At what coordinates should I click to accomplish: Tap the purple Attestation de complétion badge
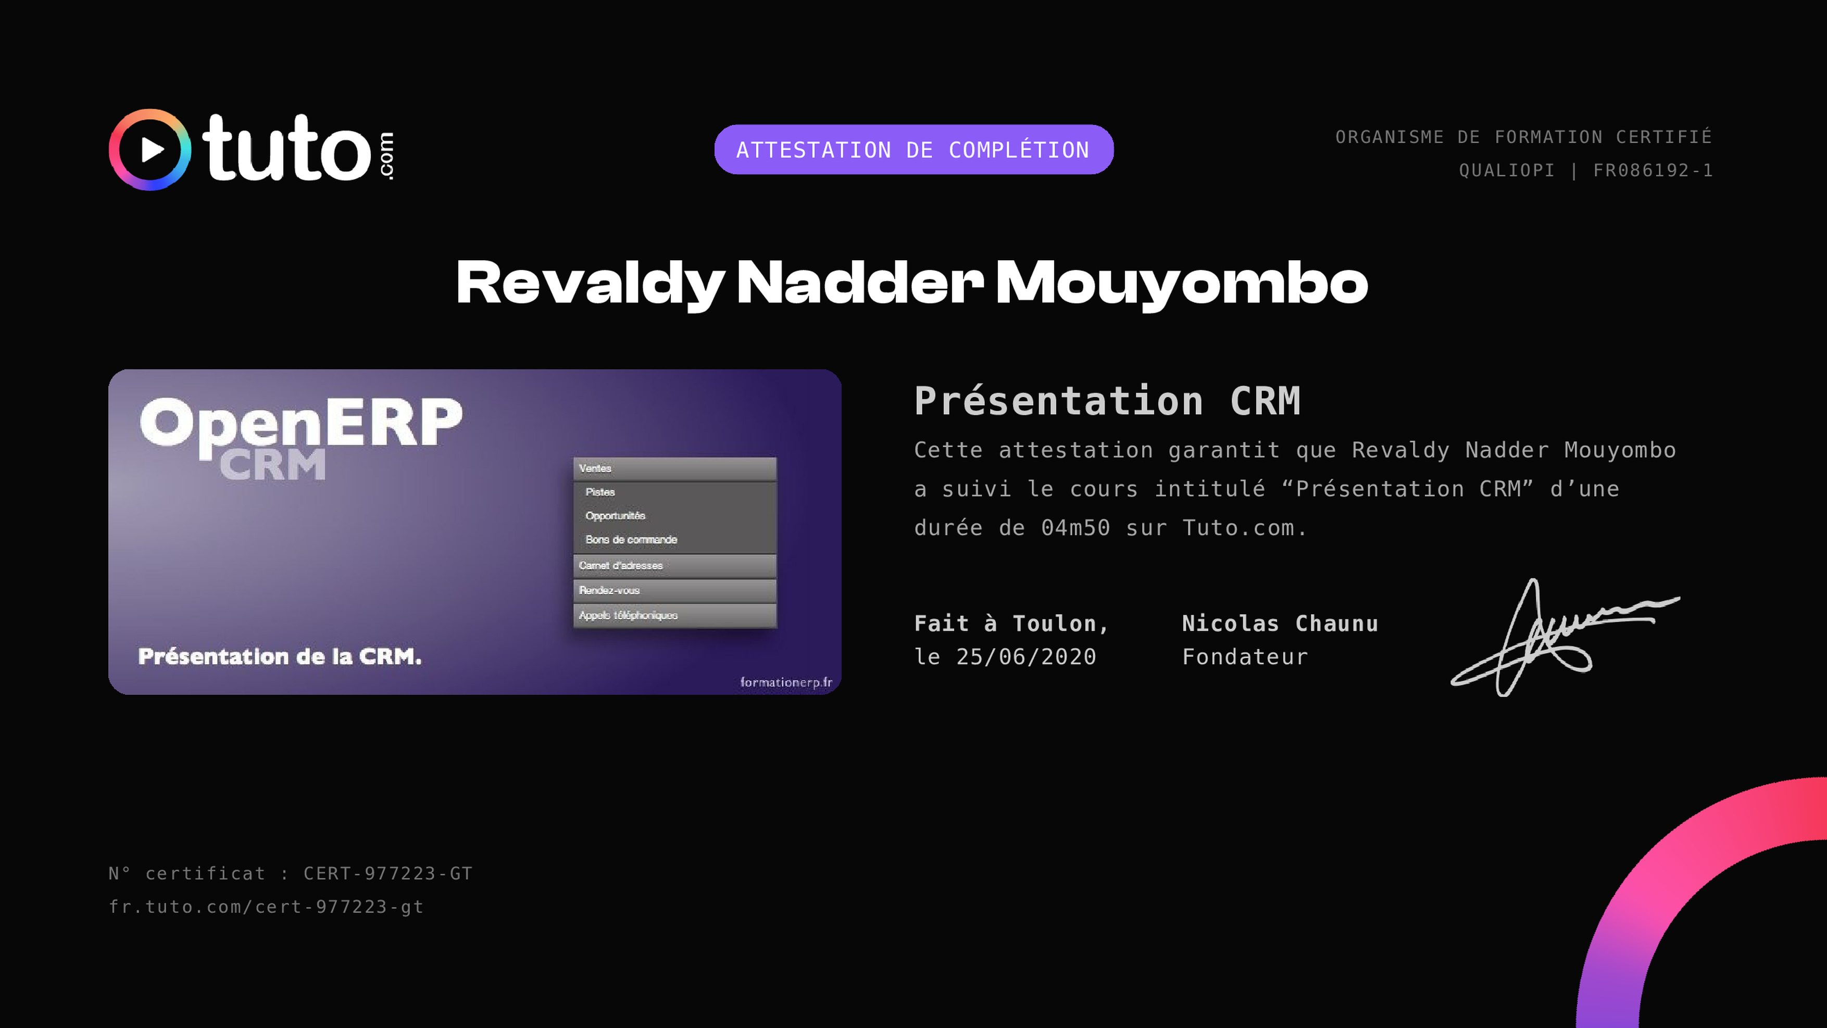click(x=913, y=149)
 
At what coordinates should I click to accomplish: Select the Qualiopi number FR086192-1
click(x=1653, y=170)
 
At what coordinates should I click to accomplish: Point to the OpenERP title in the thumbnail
click(x=302, y=423)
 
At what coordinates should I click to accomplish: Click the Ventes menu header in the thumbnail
click(x=674, y=468)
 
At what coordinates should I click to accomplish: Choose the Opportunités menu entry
click(x=615, y=515)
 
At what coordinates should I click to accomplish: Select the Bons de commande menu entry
click(x=631, y=540)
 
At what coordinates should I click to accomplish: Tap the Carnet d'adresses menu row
click(x=674, y=566)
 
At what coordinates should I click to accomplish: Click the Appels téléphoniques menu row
click(x=674, y=615)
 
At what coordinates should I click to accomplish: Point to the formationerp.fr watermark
click(x=786, y=682)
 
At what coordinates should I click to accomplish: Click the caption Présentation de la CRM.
click(x=280, y=656)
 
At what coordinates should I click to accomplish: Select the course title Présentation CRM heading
click(x=1107, y=401)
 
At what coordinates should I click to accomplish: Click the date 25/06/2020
click(x=1027, y=656)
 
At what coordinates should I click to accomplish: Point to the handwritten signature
click(x=1564, y=637)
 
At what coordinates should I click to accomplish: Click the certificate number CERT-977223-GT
click(x=388, y=873)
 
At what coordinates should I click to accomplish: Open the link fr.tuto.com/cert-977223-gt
click(x=266, y=907)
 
